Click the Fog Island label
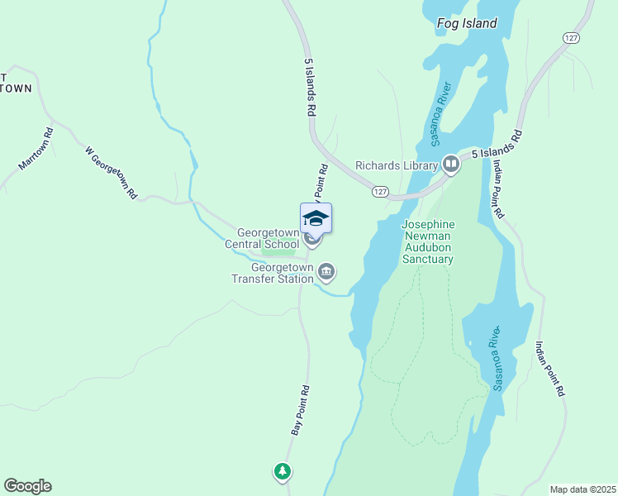467,23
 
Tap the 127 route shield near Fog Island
571,38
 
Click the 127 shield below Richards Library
379,191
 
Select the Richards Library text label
396,165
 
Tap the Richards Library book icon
450,165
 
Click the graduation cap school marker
315,218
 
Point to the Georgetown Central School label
264,238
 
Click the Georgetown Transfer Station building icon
326,271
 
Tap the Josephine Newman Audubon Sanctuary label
427,241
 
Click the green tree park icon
283,471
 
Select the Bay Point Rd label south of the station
300,410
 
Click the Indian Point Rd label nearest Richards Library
497,189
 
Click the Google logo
27,486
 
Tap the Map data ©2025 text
582,489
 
